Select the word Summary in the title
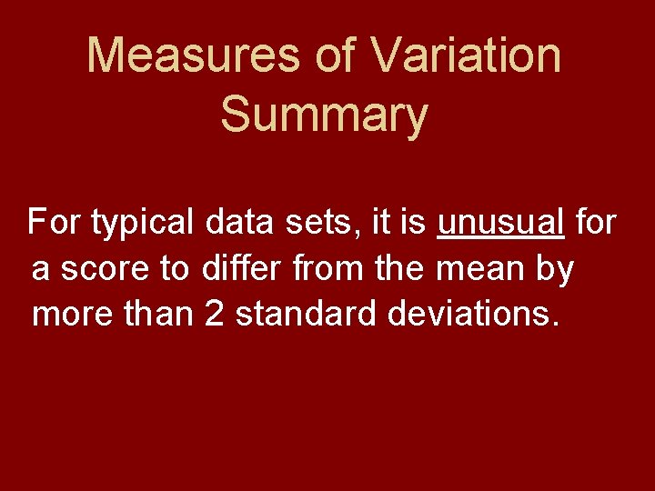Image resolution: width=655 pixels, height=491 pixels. point(324,115)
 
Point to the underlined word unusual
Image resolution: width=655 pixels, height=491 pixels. point(501,222)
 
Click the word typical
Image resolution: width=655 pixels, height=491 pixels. point(142,222)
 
